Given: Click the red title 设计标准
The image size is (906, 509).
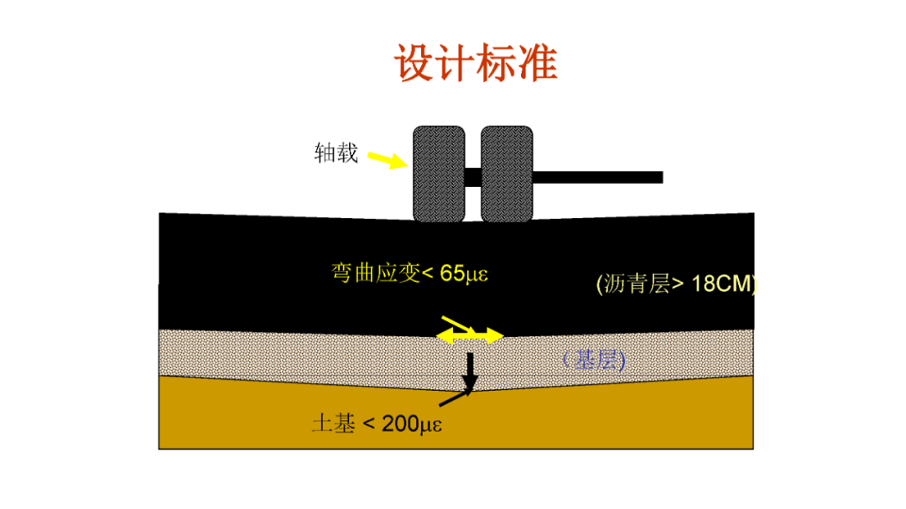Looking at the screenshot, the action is pyautogui.click(x=476, y=65).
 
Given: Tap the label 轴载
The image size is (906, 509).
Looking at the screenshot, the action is pyautogui.click(x=336, y=153).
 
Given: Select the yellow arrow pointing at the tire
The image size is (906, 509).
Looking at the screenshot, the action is pyautogui.click(x=388, y=159).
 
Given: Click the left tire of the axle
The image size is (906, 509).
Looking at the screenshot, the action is pyautogui.click(x=438, y=174).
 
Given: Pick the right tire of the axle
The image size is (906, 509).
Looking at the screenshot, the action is pyautogui.click(x=508, y=174).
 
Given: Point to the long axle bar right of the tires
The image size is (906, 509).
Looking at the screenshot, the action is pyautogui.click(x=598, y=177).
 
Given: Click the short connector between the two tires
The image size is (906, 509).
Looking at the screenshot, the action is pyautogui.click(x=473, y=177).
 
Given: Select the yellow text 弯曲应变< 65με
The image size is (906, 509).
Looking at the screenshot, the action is pyautogui.click(x=410, y=273).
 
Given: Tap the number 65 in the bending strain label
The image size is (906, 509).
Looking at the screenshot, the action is pyautogui.click(x=452, y=273).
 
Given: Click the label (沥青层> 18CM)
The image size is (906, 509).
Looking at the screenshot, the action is pyautogui.click(x=676, y=283).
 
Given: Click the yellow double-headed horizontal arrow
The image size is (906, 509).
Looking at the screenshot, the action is pyautogui.click(x=470, y=336).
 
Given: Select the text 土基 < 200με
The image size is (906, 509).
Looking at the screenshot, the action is pyautogui.click(x=377, y=423).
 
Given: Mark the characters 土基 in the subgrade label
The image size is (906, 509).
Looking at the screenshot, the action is pyautogui.click(x=333, y=423).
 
